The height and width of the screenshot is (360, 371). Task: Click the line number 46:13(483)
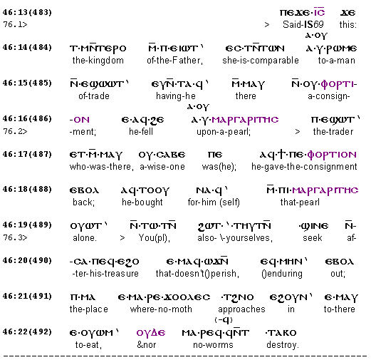(27, 12)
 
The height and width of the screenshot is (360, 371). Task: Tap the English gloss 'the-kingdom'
(98, 61)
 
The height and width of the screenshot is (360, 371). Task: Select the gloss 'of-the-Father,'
(174, 61)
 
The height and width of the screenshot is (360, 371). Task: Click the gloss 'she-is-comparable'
(261, 61)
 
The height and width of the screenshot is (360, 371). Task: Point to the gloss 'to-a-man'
(337, 61)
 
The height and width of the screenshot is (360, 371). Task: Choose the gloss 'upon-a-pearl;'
(224, 131)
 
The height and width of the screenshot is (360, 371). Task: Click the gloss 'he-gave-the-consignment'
(304, 167)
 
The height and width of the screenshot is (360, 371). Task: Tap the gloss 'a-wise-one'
(162, 167)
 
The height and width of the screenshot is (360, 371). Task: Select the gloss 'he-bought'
(142, 202)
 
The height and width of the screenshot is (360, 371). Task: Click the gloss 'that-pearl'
(300, 202)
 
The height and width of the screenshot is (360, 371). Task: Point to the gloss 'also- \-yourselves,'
(235, 238)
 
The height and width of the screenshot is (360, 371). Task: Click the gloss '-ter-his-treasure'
(105, 274)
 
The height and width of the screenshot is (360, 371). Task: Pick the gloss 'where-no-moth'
(161, 309)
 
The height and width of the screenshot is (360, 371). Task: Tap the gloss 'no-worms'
(213, 345)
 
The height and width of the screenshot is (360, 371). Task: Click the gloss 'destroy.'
(282, 345)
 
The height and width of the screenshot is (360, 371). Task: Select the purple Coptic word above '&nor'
(151, 333)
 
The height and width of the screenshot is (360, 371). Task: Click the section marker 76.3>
(15, 237)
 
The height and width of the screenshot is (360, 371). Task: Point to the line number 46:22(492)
(27, 331)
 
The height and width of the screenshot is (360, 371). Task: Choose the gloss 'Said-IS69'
(303, 24)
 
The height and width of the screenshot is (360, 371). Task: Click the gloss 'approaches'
(241, 309)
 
